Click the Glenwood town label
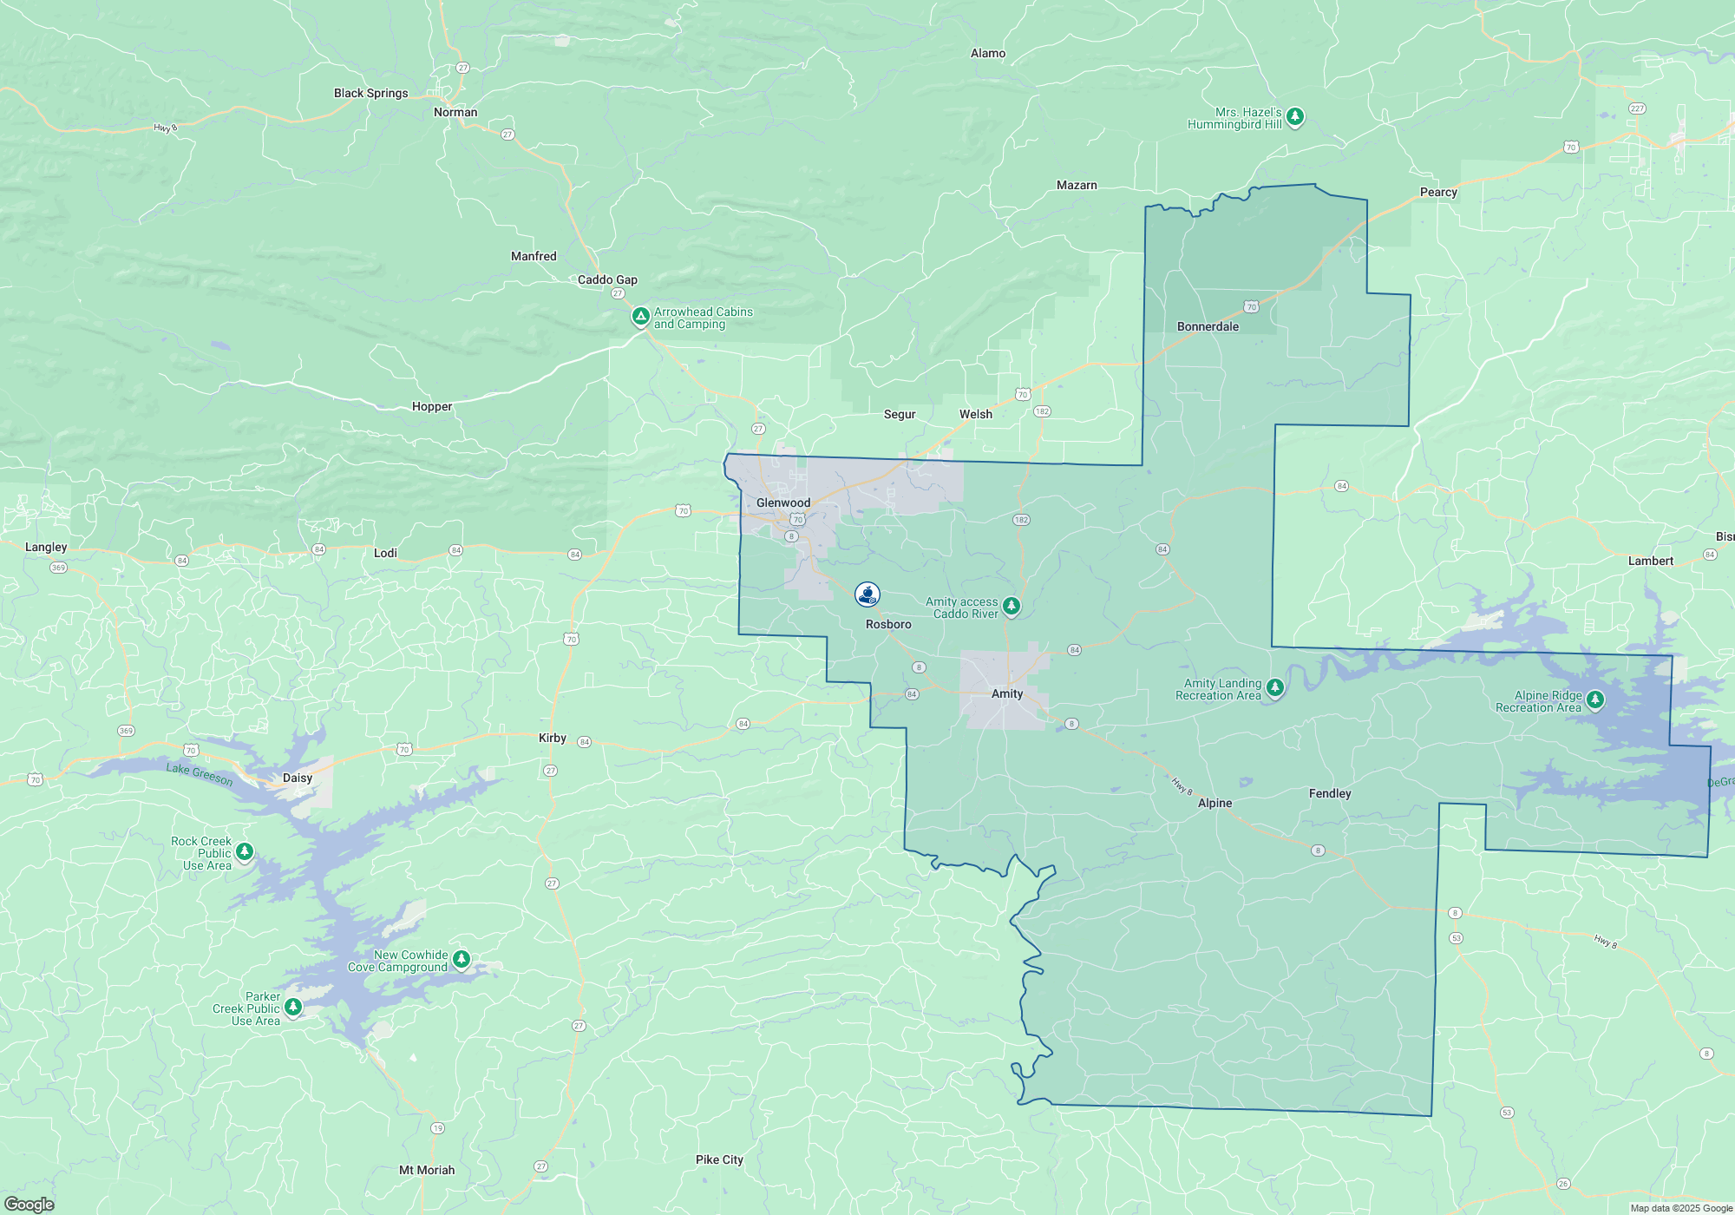pos(783,502)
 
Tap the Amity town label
pos(1007,693)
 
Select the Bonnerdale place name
pos(1208,326)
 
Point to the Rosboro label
pos(888,624)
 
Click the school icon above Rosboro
pos(867,594)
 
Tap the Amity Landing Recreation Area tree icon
pos(1274,688)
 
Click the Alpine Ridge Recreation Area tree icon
pos(1594,699)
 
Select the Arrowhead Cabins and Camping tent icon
pos(640,317)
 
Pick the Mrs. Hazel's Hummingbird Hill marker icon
pos(1295,116)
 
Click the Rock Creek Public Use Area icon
pos(245,851)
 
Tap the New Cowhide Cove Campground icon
pos(462,959)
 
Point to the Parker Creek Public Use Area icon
pos(293,1007)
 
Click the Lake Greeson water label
pos(200,773)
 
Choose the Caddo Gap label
pos(607,279)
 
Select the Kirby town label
pos(553,738)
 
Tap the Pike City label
pos(719,1159)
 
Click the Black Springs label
pos(370,93)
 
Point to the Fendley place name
pos(1330,793)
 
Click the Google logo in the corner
pos(29,1204)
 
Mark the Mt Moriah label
pos(427,1170)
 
